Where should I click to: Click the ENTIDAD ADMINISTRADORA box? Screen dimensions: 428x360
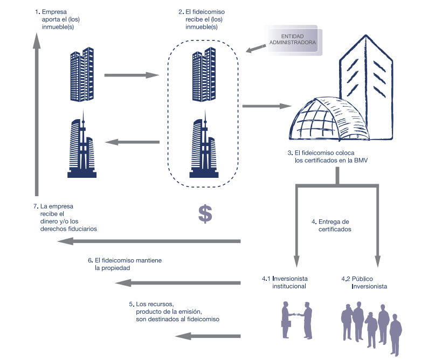point(292,39)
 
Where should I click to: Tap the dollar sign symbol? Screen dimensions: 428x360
point(205,214)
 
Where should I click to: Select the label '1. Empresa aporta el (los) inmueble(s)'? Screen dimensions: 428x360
point(58,19)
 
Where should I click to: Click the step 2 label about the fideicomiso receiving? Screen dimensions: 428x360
point(202,19)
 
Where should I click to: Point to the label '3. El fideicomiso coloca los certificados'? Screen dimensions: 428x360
point(328,157)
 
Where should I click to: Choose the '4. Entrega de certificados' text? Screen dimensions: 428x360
point(332,225)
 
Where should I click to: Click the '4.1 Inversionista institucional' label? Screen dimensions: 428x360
point(285,282)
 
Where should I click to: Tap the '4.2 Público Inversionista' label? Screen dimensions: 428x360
point(364,282)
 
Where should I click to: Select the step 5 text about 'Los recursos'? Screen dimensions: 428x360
point(174,311)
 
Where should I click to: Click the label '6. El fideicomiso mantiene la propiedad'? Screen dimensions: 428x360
point(125,264)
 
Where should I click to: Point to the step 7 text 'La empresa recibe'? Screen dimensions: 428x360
point(65,218)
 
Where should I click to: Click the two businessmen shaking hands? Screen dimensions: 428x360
point(296,320)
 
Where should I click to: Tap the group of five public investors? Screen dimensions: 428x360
point(371,328)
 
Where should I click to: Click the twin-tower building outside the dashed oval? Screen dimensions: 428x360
point(82,74)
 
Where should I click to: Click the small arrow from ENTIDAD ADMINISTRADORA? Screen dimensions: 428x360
point(256,49)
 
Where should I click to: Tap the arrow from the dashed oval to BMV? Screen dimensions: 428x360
point(267,106)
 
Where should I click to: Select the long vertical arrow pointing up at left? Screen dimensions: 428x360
point(37,114)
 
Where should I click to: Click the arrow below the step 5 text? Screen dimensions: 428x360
point(208,336)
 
